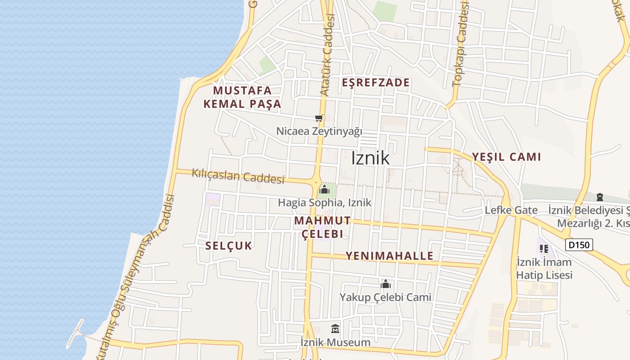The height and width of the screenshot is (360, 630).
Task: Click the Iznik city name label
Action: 370,158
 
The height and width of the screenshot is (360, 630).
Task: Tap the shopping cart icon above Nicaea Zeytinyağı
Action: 319,118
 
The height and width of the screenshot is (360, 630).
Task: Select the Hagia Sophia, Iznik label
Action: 324,202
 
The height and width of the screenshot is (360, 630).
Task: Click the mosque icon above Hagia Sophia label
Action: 324,189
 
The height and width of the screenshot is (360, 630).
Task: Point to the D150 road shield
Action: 579,245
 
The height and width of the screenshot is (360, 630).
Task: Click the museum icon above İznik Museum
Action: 335,329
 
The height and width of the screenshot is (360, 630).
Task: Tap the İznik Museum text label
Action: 335,342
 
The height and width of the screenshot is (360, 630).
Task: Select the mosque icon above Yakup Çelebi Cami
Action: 386,284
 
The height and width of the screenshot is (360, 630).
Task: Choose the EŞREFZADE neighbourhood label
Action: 376,82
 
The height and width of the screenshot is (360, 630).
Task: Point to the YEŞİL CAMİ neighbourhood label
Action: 506,157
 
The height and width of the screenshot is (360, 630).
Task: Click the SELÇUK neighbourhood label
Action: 229,246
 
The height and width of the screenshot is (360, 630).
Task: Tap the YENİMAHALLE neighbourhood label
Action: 389,256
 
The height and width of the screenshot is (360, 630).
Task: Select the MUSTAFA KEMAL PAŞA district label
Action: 242,97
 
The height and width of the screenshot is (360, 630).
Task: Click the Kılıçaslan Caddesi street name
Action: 238,175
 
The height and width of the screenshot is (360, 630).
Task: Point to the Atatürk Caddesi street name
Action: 328,54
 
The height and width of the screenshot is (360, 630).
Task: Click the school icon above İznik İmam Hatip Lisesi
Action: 544,248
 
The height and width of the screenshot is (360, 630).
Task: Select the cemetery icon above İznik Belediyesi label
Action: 599,197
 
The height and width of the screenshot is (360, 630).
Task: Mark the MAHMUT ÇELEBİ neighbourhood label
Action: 322,227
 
